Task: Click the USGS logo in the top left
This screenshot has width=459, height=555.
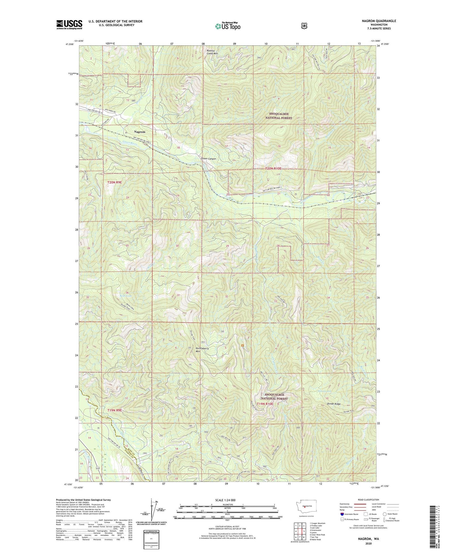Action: coord(69,24)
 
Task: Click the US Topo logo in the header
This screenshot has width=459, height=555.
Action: coord(227,26)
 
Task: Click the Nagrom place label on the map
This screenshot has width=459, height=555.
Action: coord(139,132)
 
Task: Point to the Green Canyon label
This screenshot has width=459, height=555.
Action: coord(208,159)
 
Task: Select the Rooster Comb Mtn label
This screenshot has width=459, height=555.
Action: coord(212,52)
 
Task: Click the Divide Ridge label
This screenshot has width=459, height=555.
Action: coord(334,404)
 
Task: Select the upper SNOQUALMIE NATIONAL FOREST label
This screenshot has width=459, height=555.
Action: coord(279,116)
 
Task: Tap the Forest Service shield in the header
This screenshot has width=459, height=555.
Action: coord(304,26)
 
